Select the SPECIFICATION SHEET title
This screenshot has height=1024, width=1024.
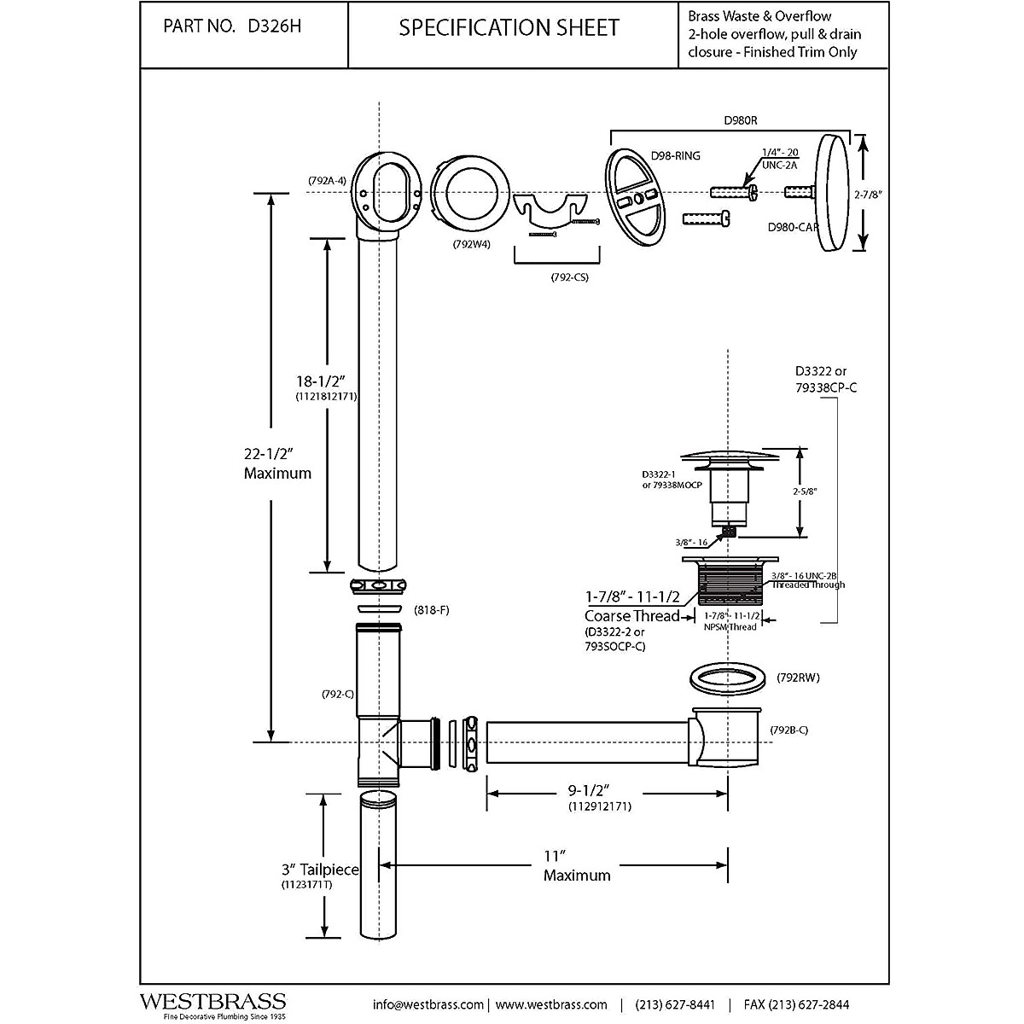pyautogui.click(x=509, y=27)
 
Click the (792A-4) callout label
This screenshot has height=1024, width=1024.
pyautogui.click(x=327, y=181)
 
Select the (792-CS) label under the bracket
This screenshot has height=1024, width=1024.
pyautogui.click(x=570, y=277)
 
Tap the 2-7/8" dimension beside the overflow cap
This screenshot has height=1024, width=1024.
pyautogui.click(x=866, y=194)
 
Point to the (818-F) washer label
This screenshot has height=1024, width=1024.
pyautogui.click(x=432, y=610)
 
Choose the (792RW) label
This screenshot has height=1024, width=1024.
pyautogui.click(x=799, y=680)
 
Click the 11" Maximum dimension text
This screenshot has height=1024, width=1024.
pyautogui.click(x=577, y=865)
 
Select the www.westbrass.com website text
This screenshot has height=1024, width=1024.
pyautogui.click(x=551, y=1004)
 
